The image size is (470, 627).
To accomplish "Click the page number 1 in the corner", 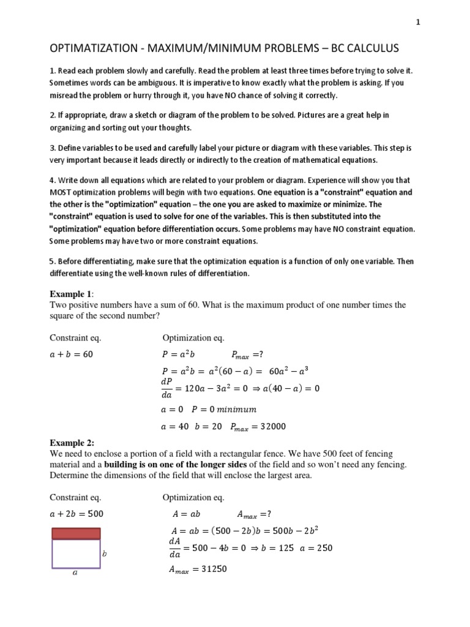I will point(417,23).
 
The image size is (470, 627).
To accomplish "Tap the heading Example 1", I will point(70,294).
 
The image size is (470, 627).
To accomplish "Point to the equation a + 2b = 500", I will point(76,513).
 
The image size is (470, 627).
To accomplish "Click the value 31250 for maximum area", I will point(210,569).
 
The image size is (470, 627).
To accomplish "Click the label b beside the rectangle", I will point(104,554).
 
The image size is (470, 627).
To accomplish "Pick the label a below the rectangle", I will point(75,574).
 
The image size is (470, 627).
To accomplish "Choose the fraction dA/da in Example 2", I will point(174,547).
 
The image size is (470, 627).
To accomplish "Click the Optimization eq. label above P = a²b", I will point(193,338).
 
